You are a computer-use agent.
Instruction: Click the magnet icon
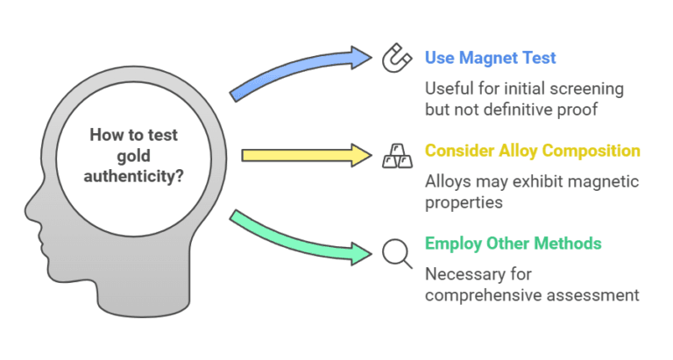395,60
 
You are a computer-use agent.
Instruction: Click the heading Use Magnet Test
490,59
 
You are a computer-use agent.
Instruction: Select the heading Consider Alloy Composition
532,151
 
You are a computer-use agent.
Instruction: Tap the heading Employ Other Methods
512,244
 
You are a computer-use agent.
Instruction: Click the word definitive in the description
520,109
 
